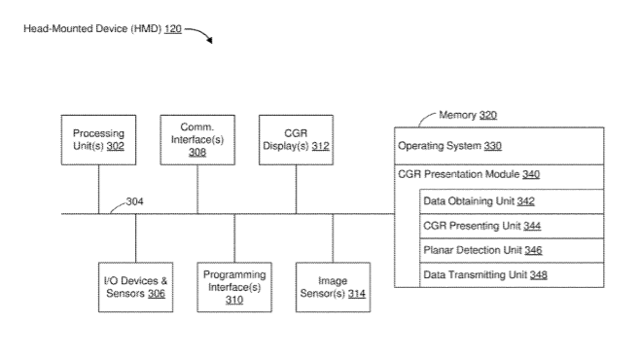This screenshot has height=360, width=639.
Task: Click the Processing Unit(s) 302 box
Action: [98, 140]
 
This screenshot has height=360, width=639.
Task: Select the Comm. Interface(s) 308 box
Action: [197, 140]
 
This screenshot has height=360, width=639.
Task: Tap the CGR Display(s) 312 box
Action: [297, 140]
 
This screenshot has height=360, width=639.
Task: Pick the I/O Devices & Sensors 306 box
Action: [136, 287]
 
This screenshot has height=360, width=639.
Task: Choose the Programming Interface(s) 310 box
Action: [234, 287]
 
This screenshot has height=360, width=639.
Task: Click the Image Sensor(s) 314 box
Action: [333, 287]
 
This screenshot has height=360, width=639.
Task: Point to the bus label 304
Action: [134, 201]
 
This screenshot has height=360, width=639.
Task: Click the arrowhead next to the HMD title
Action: [209, 40]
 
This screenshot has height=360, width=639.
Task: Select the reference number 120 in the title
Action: [173, 29]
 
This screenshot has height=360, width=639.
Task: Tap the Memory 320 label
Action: [468, 115]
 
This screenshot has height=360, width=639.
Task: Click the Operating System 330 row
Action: [499, 146]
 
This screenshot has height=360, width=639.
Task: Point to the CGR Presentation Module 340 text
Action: [469, 174]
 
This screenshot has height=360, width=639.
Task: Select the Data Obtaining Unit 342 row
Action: [512, 201]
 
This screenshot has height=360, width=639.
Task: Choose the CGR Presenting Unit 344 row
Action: [512, 226]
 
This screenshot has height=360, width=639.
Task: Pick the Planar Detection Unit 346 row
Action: [512, 250]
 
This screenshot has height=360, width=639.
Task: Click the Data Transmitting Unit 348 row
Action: [512, 275]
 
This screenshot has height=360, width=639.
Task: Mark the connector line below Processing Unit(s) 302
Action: [98, 189]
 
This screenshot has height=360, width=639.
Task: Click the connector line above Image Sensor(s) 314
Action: [333, 238]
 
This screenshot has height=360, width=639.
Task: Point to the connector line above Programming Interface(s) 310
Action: [234, 238]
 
